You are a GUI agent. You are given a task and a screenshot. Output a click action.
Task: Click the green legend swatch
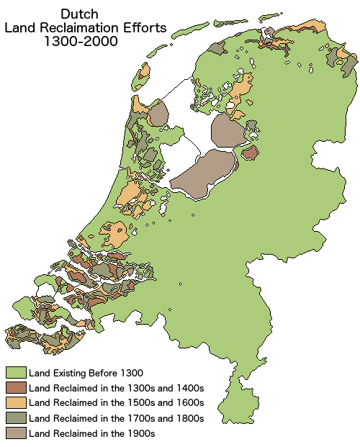16,372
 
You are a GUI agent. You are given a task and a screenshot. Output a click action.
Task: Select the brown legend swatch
16,387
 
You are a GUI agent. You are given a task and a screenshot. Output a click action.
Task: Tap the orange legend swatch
16,402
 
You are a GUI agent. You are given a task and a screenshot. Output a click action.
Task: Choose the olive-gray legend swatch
16,417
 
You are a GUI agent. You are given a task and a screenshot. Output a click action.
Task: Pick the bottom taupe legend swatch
16,433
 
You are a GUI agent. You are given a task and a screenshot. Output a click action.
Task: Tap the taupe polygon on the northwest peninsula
158,114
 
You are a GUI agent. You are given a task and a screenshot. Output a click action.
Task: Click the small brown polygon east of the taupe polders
250,153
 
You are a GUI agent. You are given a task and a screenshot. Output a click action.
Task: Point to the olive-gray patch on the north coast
216,49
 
